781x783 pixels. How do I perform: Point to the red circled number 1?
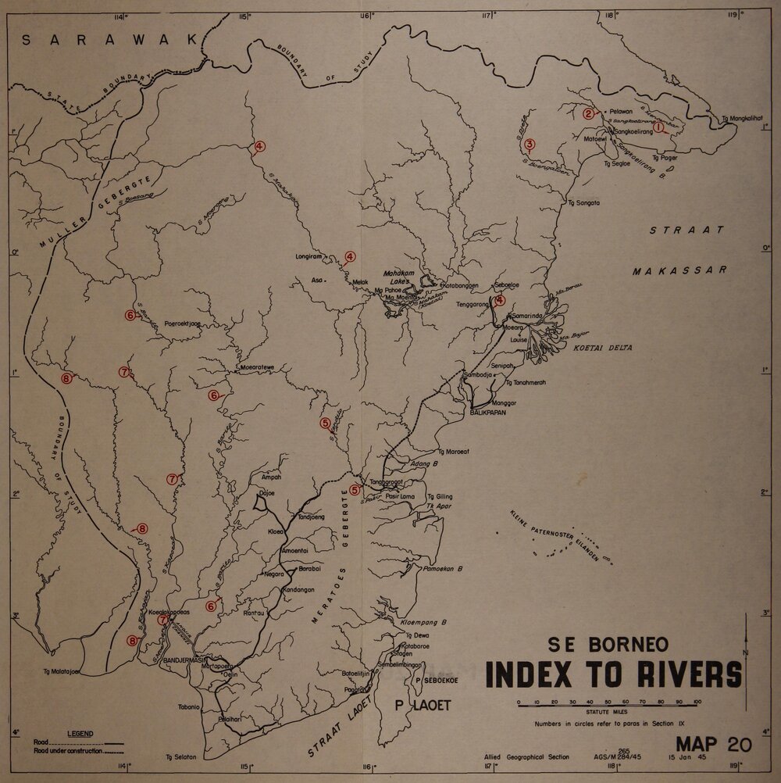coord(658,126)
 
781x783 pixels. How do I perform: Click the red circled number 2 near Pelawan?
coord(588,113)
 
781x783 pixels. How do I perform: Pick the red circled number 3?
coord(530,144)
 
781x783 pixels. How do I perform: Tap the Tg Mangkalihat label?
coord(741,119)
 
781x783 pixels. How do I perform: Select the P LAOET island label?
coord(423,706)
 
